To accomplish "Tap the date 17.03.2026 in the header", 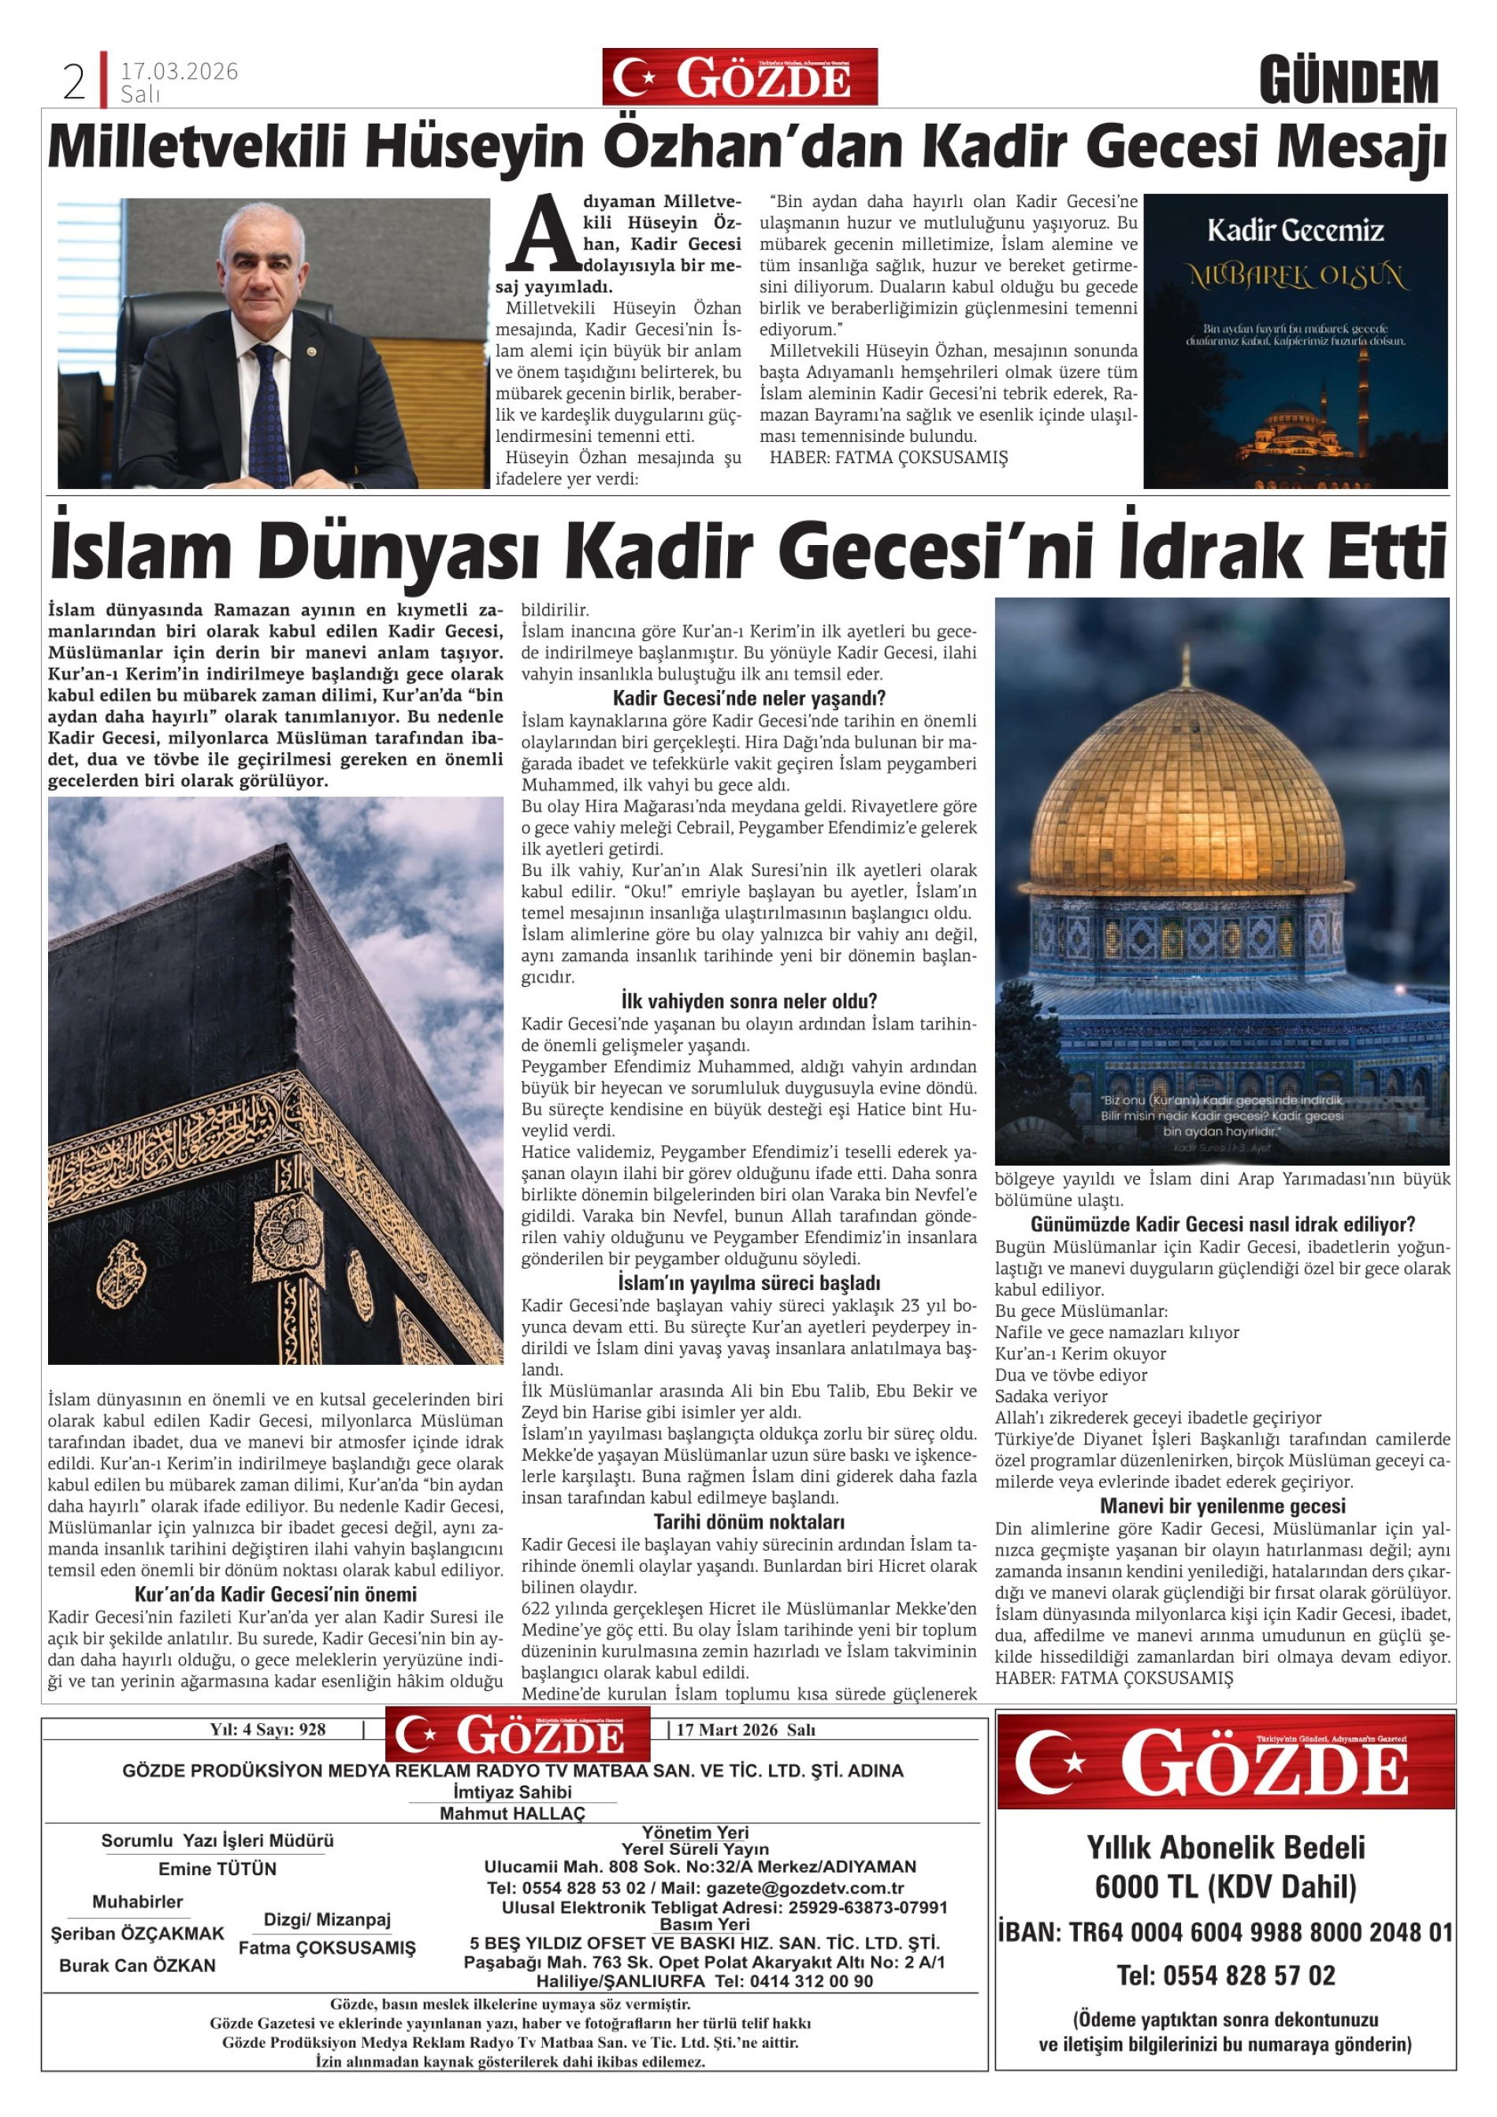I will click(179, 71).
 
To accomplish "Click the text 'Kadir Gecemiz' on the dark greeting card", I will click(1295, 230).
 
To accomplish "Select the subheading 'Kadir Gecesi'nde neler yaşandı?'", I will click(749, 698).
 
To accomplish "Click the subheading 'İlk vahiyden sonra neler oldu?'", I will click(749, 1001).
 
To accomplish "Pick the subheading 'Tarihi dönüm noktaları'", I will click(749, 1522).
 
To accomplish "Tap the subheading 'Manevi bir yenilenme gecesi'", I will click(1222, 1507).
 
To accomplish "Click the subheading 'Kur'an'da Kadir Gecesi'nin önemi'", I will click(275, 1594).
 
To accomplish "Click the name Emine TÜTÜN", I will click(217, 1869).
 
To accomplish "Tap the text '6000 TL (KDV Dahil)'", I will click(1226, 1887).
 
